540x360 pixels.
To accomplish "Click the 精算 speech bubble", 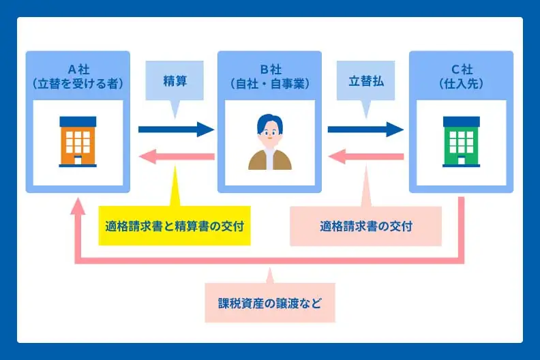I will [x=175, y=80].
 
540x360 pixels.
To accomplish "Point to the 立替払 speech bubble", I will [x=366, y=80].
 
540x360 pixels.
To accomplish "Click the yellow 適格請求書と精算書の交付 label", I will [x=175, y=226].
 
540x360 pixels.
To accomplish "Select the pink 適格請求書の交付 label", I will [x=365, y=226].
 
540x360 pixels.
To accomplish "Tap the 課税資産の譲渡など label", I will [x=270, y=302].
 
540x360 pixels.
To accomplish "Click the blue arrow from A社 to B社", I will [x=176, y=129].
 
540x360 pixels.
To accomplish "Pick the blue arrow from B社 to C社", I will [x=365, y=129].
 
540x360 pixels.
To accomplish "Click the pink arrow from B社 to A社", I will [x=176, y=157].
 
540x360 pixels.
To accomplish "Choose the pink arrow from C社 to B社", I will [x=365, y=157].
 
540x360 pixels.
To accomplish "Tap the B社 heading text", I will [x=269, y=69].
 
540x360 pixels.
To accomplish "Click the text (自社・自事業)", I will [x=269, y=84].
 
